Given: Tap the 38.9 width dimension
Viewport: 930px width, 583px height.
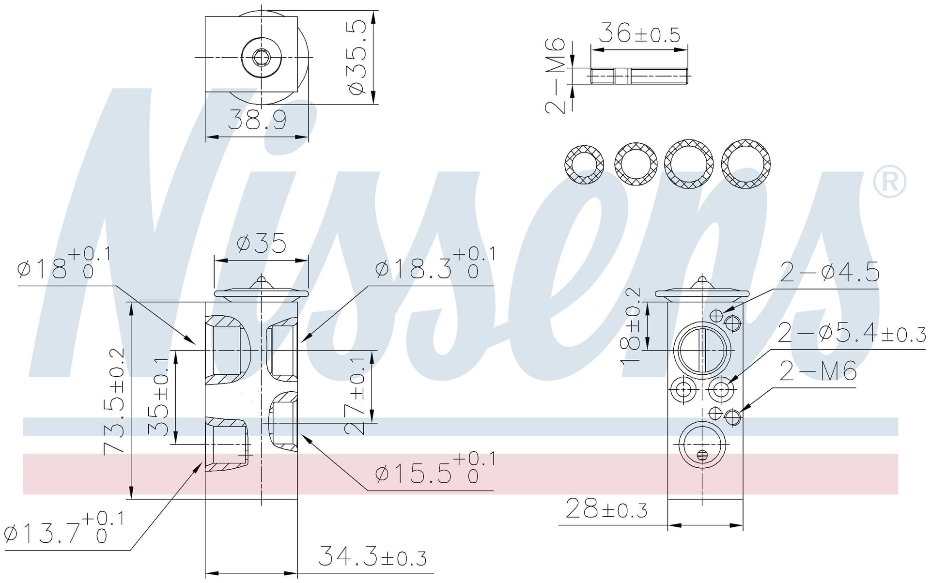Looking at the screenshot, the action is point(257,120).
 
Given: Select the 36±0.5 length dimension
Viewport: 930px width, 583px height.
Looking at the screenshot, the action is point(639,33).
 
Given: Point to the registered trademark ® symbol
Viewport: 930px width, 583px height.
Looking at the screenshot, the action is point(889,182).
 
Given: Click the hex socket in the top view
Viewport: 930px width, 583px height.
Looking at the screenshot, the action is point(261,57).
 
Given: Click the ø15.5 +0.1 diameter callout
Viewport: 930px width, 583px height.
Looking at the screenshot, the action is point(435,468).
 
